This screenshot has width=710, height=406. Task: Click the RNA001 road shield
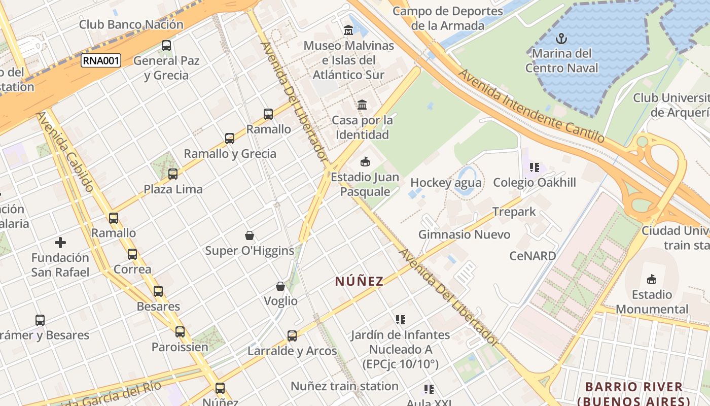click(101, 61)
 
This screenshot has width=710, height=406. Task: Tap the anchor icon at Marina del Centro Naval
click(561, 38)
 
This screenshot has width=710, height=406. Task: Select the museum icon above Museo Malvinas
click(348, 30)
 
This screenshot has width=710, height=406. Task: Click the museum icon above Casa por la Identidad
click(362, 105)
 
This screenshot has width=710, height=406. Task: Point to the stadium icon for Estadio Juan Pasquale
click(364, 162)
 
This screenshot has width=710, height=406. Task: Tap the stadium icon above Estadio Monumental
click(652, 279)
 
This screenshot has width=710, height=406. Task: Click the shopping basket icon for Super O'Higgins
click(250, 235)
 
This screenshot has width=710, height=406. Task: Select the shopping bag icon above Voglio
click(280, 286)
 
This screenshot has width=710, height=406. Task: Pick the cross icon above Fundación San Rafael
click(60, 243)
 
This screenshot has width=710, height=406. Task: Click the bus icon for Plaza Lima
click(173, 174)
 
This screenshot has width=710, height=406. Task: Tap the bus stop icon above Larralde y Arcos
click(292, 335)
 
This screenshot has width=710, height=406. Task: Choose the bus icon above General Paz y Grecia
click(166, 46)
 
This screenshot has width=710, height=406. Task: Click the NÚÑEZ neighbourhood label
click(359, 281)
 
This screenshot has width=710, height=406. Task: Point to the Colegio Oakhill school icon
click(534, 167)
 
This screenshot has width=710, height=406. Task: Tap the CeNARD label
click(532, 256)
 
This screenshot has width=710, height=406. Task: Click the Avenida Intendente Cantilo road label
click(531, 106)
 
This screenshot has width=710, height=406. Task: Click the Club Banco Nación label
click(131, 24)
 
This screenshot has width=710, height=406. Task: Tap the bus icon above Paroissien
click(180, 332)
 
